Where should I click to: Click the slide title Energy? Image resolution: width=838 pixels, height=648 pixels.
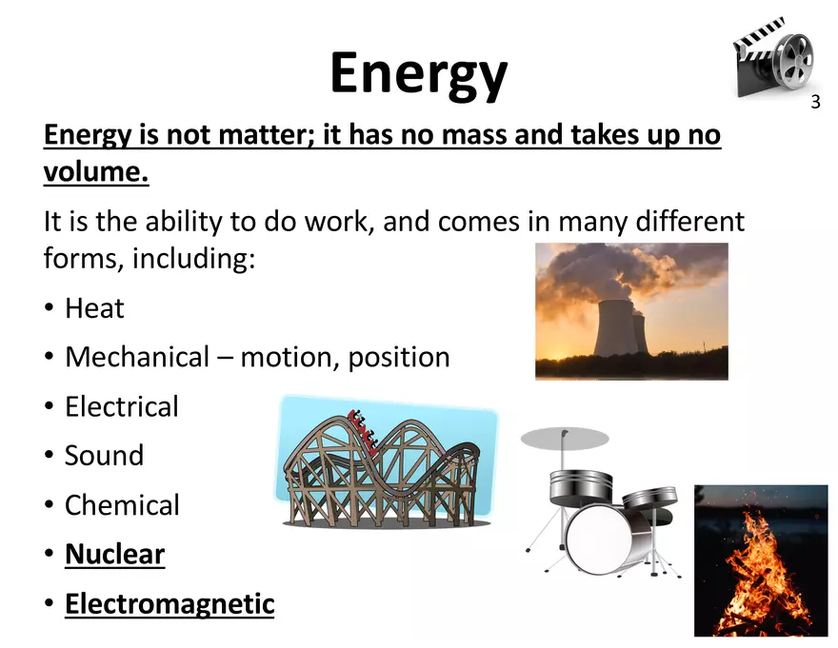click(418, 73)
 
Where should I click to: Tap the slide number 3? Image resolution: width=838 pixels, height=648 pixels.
click(815, 102)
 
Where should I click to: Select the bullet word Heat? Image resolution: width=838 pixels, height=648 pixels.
click(94, 308)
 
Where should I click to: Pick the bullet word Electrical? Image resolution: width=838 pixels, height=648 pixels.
click(121, 406)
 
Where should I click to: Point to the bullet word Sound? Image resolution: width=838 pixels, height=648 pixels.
click(104, 455)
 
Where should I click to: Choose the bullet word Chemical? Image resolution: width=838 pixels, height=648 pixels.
click(122, 504)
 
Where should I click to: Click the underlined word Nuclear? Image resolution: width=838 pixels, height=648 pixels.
click(114, 554)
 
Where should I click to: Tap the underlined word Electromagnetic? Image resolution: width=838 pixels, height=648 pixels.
click(169, 603)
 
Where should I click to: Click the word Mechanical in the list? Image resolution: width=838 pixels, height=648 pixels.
click(136, 358)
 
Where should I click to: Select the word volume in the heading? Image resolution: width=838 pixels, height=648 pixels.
click(96, 173)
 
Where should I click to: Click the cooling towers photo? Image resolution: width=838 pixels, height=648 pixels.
click(631, 311)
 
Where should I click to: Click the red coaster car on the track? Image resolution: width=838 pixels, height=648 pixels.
click(361, 420)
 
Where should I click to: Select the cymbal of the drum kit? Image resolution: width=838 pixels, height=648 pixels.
click(565, 438)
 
